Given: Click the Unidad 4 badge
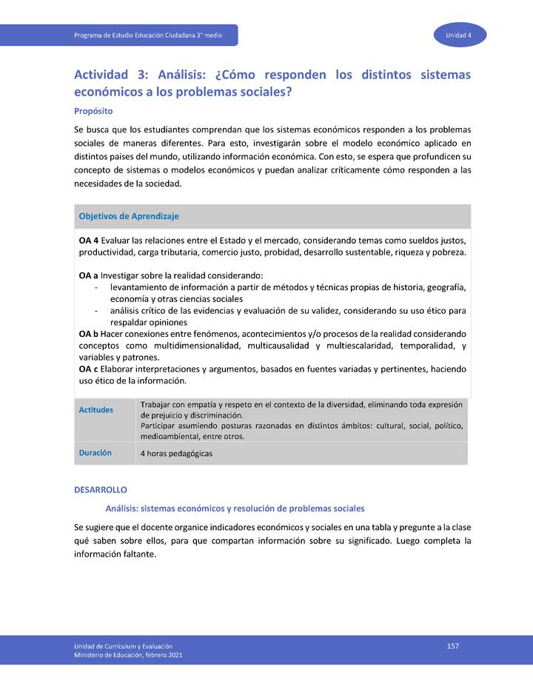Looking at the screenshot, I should click(459, 36).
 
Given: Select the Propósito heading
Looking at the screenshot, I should click(93, 111).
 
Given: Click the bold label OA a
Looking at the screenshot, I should click(88, 275).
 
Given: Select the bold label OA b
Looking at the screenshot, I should click(89, 334).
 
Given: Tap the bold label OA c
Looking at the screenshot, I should click(88, 369).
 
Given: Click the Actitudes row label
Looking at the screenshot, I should click(96, 410).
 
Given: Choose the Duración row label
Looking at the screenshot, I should click(95, 452).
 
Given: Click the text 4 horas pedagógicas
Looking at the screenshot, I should click(176, 453).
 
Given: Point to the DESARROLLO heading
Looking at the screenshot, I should click(101, 490).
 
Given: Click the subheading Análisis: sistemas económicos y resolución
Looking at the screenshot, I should click(235, 509).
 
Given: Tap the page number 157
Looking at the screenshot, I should click(453, 646).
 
